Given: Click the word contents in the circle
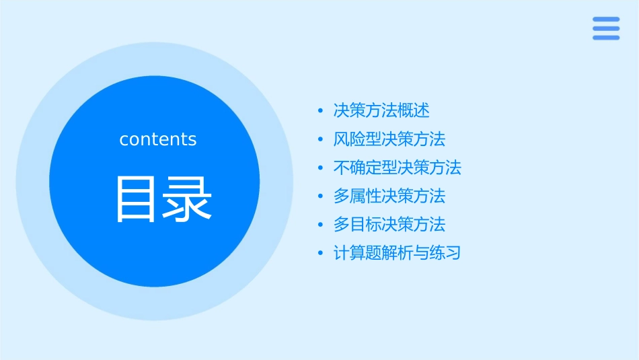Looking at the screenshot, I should pyautogui.click(x=158, y=139).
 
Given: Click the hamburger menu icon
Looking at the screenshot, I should pyautogui.click(x=606, y=28).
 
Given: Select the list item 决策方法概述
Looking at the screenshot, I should pyautogui.click(x=381, y=110).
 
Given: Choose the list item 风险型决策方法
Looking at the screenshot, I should pyautogui.click(x=389, y=139).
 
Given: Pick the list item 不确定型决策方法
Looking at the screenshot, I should pyautogui.click(x=398, y=168).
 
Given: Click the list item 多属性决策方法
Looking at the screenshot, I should pyautogui.click(x=389, y=196).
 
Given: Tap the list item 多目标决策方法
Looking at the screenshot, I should pyautogui.click(x=389, y=225).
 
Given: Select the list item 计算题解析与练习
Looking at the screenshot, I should pyautogui.click(x=398, y=254).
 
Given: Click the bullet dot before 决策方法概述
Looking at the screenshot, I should pyautogui.click(x=321, y=111).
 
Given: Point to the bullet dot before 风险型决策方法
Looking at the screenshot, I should pyautogui.click(x=321, y=140).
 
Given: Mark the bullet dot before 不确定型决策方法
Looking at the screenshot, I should pyautogui.click(x=321, y=168).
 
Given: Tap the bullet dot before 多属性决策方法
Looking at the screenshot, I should pyautogui.click(x=321, y=197).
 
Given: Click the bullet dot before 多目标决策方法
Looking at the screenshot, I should pyautogui.click(x=321, y=225).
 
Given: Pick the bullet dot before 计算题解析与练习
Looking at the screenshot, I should pyautogui.click(x=321, y=254).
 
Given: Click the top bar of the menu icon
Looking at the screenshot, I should pyautogui.click(x=606, y=20).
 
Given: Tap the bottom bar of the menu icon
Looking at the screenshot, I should pyautogui.click(x=606, y=37).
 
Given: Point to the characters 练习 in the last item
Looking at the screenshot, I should pyautogui.click(x=445, y=254).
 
